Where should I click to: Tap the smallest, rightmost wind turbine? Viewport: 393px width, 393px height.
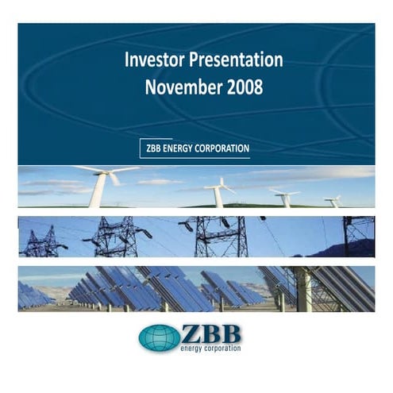335,202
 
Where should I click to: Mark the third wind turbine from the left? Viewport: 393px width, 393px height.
283,199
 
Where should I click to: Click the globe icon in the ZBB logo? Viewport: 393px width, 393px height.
159,337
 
